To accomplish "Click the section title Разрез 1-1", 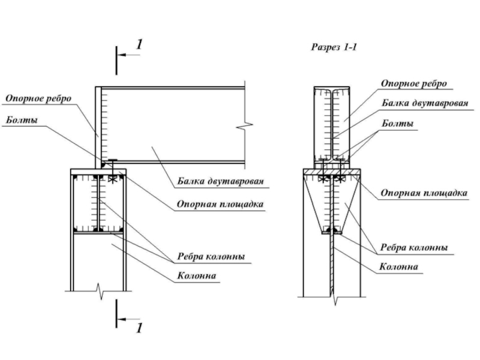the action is point(334,47).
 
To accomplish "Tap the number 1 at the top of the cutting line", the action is point(139,44).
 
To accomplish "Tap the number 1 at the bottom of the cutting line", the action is point(139,328).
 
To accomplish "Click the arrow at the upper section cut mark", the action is point(128,55).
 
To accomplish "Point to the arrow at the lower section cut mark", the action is point(128,319).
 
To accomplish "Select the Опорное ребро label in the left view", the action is point(38,98).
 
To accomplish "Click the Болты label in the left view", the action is point(22,119).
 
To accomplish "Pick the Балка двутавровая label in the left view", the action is point(220,181).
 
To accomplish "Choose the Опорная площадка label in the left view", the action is point(220,204).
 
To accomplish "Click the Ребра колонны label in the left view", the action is point(211,256).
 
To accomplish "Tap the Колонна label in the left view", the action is point(197,276).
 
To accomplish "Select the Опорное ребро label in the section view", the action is point(414,83).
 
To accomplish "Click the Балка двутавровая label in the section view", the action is point(425,103).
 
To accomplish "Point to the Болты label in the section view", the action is point(397,124).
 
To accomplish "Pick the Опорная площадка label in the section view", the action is point(424,193).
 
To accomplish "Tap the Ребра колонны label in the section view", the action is point(414,247).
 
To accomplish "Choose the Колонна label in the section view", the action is point(398,266).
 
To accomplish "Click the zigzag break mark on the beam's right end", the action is point(245,125).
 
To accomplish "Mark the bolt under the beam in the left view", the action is point(113,171).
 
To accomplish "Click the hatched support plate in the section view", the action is point(332,172).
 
